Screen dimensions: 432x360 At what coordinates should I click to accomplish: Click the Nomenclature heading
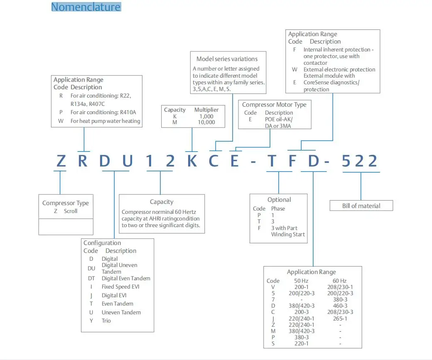tap(86, 7)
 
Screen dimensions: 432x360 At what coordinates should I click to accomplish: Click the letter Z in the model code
tap(61, 161)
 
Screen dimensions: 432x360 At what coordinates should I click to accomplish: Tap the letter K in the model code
tap(192, 161)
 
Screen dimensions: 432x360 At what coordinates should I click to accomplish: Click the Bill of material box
tap(361, 206)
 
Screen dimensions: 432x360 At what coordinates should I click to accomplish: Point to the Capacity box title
tap(162, 202)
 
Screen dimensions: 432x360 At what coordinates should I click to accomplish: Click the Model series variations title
tap(227, 59)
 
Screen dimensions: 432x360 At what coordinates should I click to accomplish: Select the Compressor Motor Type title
tap(274, 105)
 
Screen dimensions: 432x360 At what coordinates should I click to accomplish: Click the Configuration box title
tap(102, 243)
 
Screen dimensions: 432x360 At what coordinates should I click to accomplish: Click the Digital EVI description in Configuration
tap(114, 295)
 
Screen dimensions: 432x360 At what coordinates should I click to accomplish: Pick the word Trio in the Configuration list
tap(106, 321)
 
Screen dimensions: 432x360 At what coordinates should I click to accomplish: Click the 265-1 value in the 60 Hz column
tap(340, 318)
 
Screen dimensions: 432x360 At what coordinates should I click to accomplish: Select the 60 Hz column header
tap(340, 281)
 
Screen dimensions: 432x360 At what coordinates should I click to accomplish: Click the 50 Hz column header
tap(302, 281)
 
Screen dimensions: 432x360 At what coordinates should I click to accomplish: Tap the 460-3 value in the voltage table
tap(340, 306)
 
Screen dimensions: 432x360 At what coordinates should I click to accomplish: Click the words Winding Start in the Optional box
tap(288, 234)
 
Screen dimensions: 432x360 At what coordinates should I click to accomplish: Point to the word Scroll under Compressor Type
tap(71, 211)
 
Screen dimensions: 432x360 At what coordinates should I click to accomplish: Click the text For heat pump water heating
tap(106, 121)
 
